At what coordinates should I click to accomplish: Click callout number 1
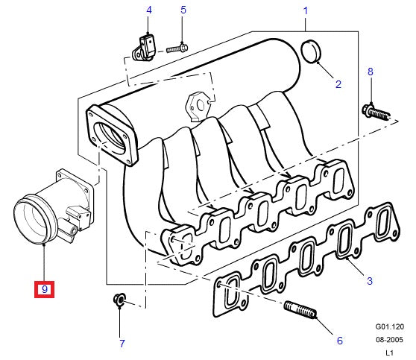point(305,10)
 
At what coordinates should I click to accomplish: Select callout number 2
point(338,83)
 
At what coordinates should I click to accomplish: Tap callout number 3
point(369,281)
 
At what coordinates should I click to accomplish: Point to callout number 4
point(148,10)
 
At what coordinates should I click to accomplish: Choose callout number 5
point(183,10)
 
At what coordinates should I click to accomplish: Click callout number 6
point(339,341)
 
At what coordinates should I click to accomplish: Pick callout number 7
point(122,344)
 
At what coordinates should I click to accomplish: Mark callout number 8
point(369,72)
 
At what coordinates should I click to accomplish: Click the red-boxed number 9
point(45,288)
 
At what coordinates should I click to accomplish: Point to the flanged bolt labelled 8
point(374,113)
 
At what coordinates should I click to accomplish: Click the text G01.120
point(388,326)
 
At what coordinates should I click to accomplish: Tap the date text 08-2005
point(388,339)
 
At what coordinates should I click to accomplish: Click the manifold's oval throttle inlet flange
point(113,135)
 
